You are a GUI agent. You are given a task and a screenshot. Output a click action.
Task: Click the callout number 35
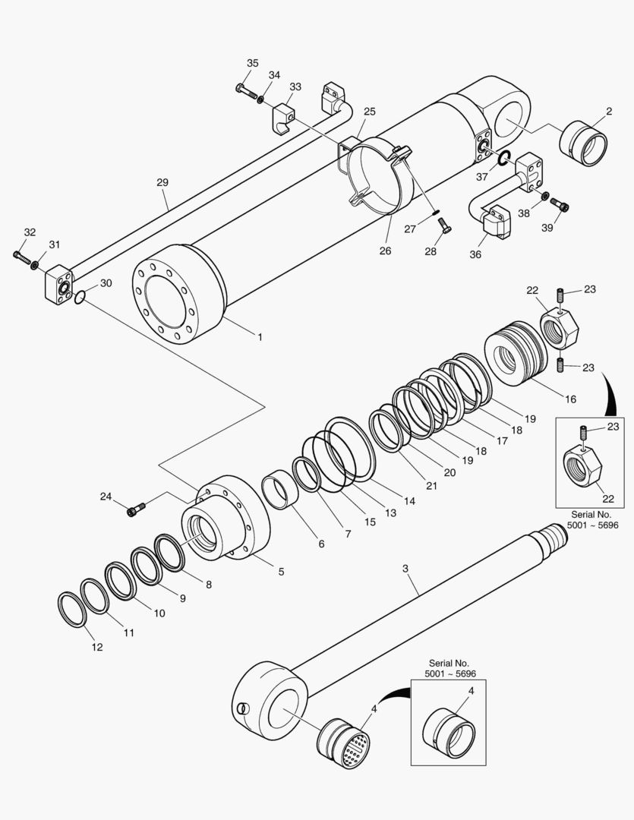253,63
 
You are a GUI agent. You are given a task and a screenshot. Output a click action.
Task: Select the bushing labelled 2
583,143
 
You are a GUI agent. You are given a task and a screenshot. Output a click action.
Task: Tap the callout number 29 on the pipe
162,182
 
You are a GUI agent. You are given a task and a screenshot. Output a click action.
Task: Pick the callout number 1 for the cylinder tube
260,336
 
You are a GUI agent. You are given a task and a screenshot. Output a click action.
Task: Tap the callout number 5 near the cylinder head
281,571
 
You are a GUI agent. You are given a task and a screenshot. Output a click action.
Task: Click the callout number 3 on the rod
405,568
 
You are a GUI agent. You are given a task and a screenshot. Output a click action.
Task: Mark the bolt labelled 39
562,204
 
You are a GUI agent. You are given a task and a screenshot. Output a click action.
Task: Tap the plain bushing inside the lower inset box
448,733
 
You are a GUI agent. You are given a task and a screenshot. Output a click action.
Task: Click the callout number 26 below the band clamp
385,251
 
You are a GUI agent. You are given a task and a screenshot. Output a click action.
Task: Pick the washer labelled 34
260,99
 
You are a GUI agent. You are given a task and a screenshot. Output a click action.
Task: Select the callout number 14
409,501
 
